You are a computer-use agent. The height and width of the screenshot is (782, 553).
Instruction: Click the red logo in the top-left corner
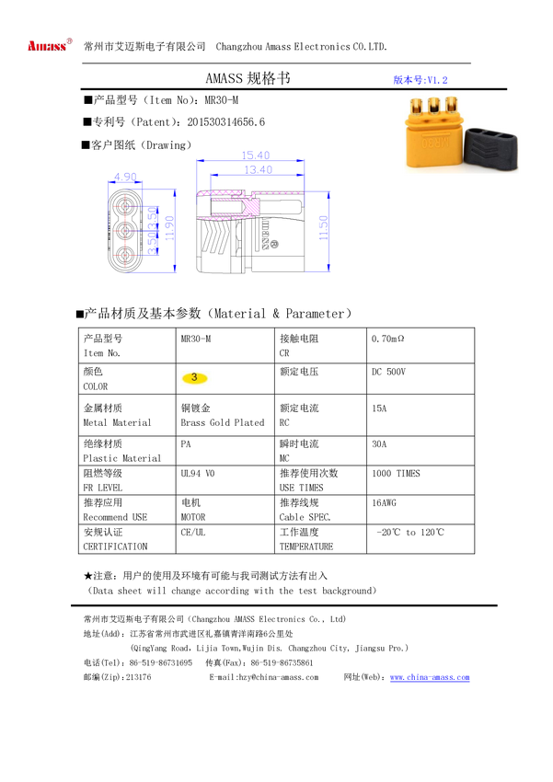click(49, 44)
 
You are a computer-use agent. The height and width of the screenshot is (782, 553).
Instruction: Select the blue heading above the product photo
click(420, 81)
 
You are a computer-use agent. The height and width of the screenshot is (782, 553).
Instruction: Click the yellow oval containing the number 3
click(194, 377)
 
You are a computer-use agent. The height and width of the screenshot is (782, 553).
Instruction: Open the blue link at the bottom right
click(430, 678)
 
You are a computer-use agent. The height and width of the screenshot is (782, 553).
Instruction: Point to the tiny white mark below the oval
click(373, 535)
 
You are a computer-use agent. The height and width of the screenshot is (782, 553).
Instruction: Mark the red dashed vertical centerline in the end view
click(126, 230)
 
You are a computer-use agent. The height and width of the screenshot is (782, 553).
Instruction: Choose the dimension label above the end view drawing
click(125, 174)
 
